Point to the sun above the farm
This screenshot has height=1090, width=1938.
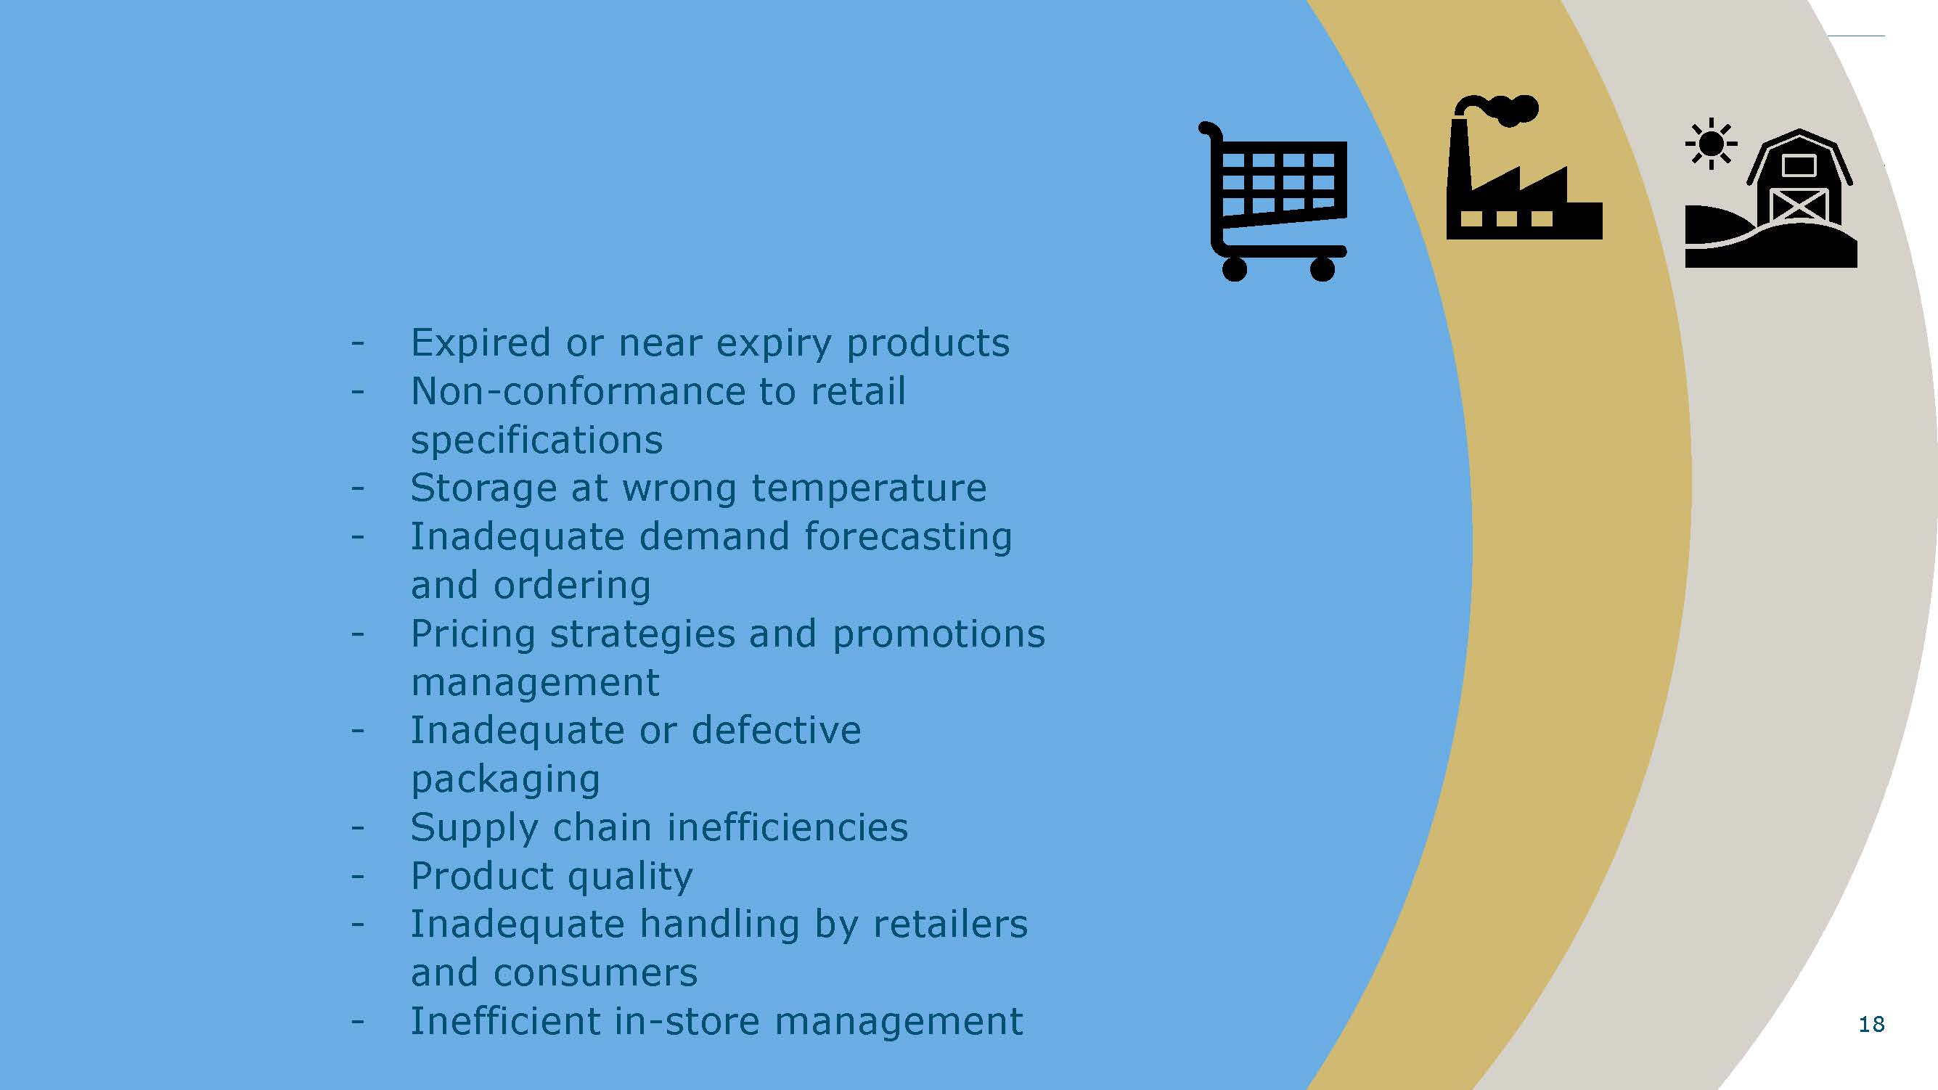(1711, 143)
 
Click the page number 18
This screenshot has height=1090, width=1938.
(1871, 1024)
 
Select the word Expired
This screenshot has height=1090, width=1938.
(481, 344)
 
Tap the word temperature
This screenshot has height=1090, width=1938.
(869, 489)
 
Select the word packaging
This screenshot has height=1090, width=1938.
(506, 780)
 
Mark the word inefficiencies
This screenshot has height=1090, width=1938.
(788, 827)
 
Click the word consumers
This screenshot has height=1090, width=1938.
(596, 973)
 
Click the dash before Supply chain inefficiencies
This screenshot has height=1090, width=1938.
(357, 828)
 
